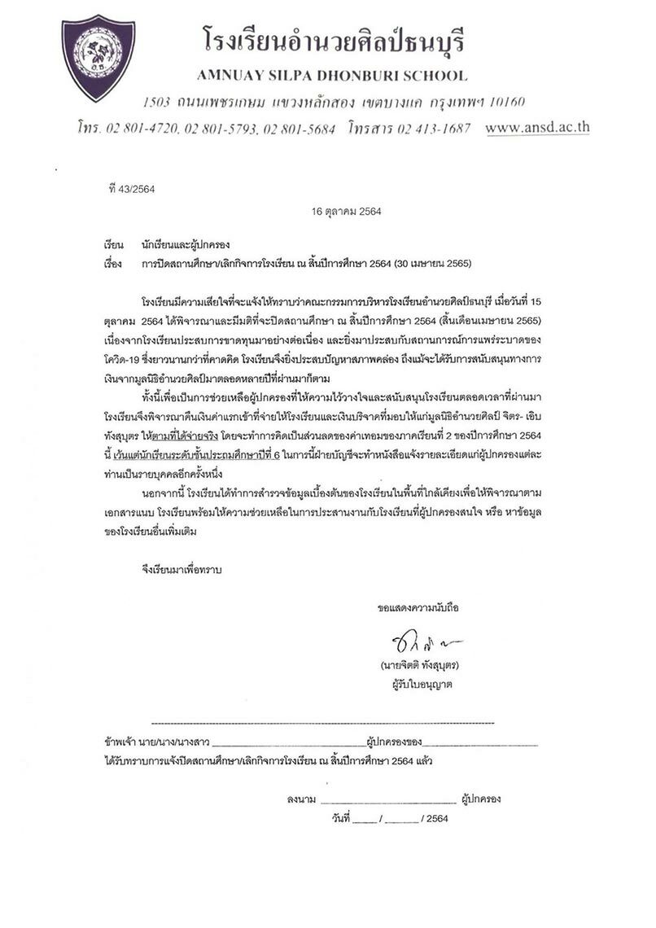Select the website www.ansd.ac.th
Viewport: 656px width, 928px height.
537,128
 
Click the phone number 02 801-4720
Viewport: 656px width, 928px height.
139,129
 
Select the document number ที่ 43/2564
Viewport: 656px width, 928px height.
131,188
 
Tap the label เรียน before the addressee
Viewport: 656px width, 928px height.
112,243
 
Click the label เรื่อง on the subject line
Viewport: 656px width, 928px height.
112,264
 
